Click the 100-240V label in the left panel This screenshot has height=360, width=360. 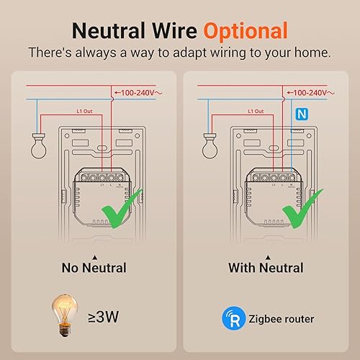143,93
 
